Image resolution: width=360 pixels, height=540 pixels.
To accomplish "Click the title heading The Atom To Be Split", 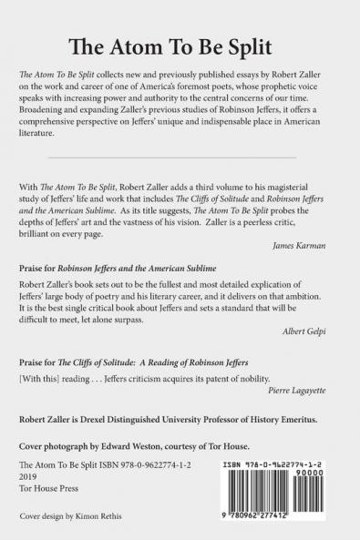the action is point(180,47).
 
